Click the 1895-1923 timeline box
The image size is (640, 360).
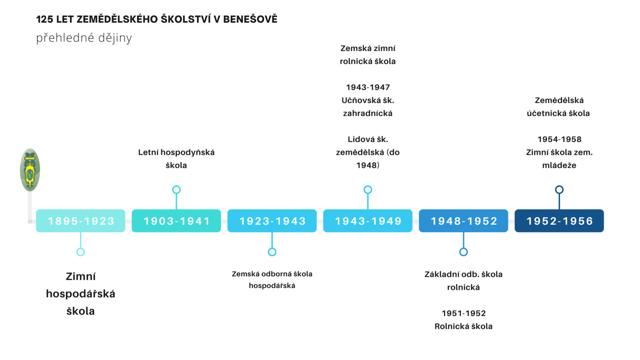pos(80,221)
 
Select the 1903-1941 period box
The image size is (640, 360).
pos(176,221)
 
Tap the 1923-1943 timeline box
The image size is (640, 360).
pos(272,221)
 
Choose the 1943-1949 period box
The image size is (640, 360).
pos(368,221)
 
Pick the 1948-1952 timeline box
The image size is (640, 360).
pos(464,221)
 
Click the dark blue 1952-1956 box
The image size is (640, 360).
pos(559,221)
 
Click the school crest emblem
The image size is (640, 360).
pos(30,170)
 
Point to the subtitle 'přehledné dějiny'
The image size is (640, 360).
pos(84,38)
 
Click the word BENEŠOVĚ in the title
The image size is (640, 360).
pos(250,19)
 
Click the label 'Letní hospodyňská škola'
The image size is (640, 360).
pos(176,159)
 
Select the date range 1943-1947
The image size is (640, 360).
pos(368,87)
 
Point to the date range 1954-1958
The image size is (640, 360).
pos(560,139)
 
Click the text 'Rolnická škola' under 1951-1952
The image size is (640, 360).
pos(464,326)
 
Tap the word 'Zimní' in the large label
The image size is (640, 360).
pos(80,276)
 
